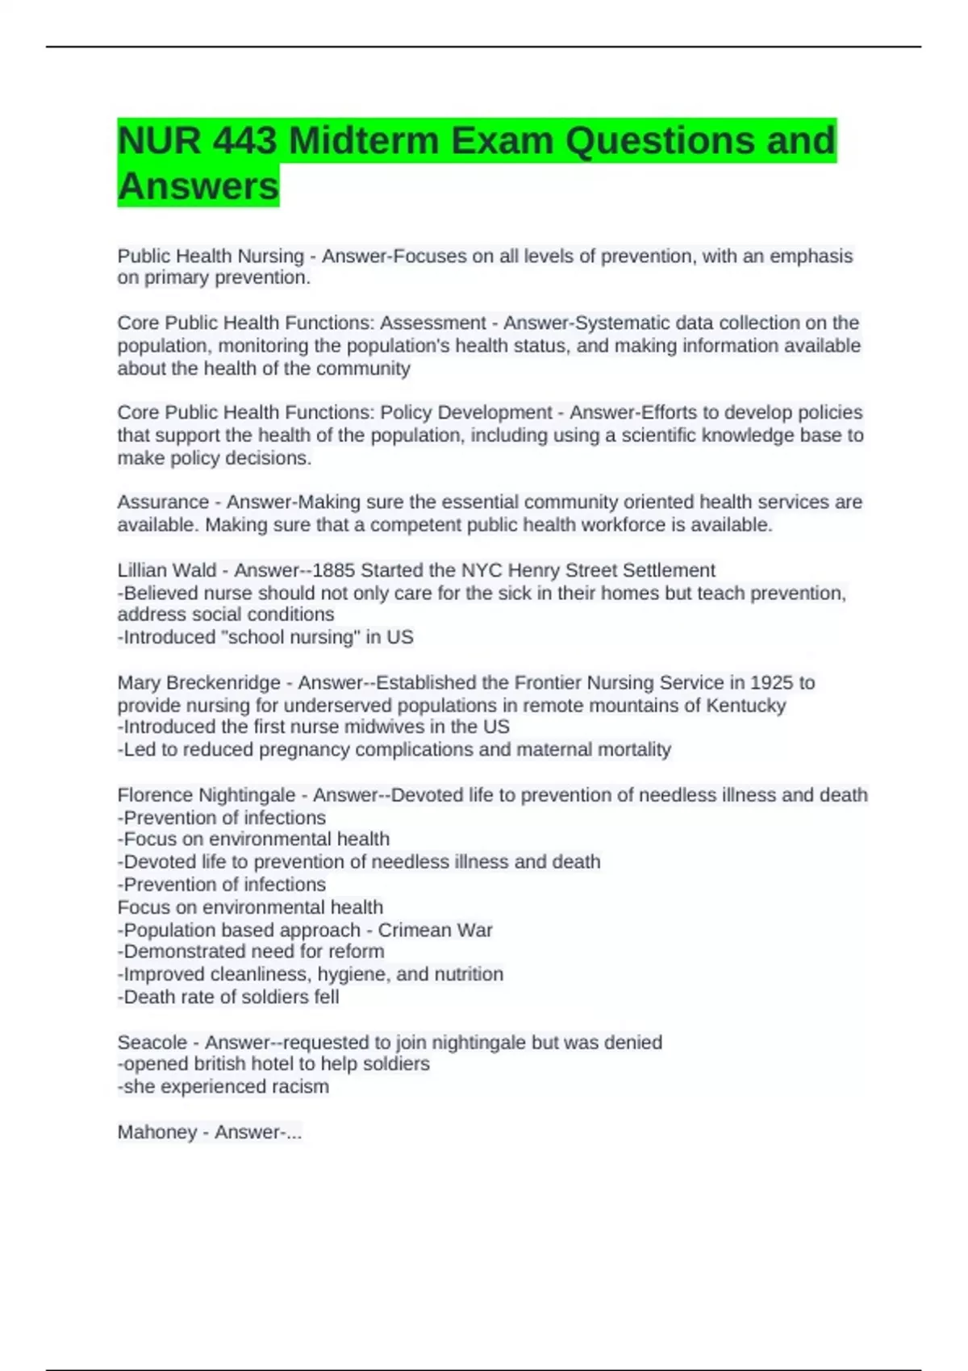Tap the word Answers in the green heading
[198, 186]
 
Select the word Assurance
[163, 502]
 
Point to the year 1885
[333, 570]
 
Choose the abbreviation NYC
[482, 570]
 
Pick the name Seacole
[152, 1042]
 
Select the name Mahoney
[156, 1132]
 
